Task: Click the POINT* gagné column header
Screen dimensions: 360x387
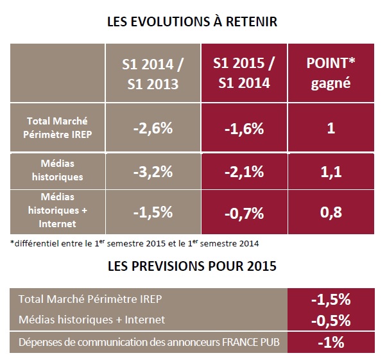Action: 331,74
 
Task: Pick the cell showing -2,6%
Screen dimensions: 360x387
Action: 152,127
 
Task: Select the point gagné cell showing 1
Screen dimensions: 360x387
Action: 331,127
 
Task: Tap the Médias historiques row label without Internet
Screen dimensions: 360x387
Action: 56,170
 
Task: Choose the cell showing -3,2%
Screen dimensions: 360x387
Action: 152,171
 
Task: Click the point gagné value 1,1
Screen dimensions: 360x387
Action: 331,171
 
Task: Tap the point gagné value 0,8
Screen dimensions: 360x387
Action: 331,211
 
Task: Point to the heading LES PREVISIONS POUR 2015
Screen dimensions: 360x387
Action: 193,266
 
